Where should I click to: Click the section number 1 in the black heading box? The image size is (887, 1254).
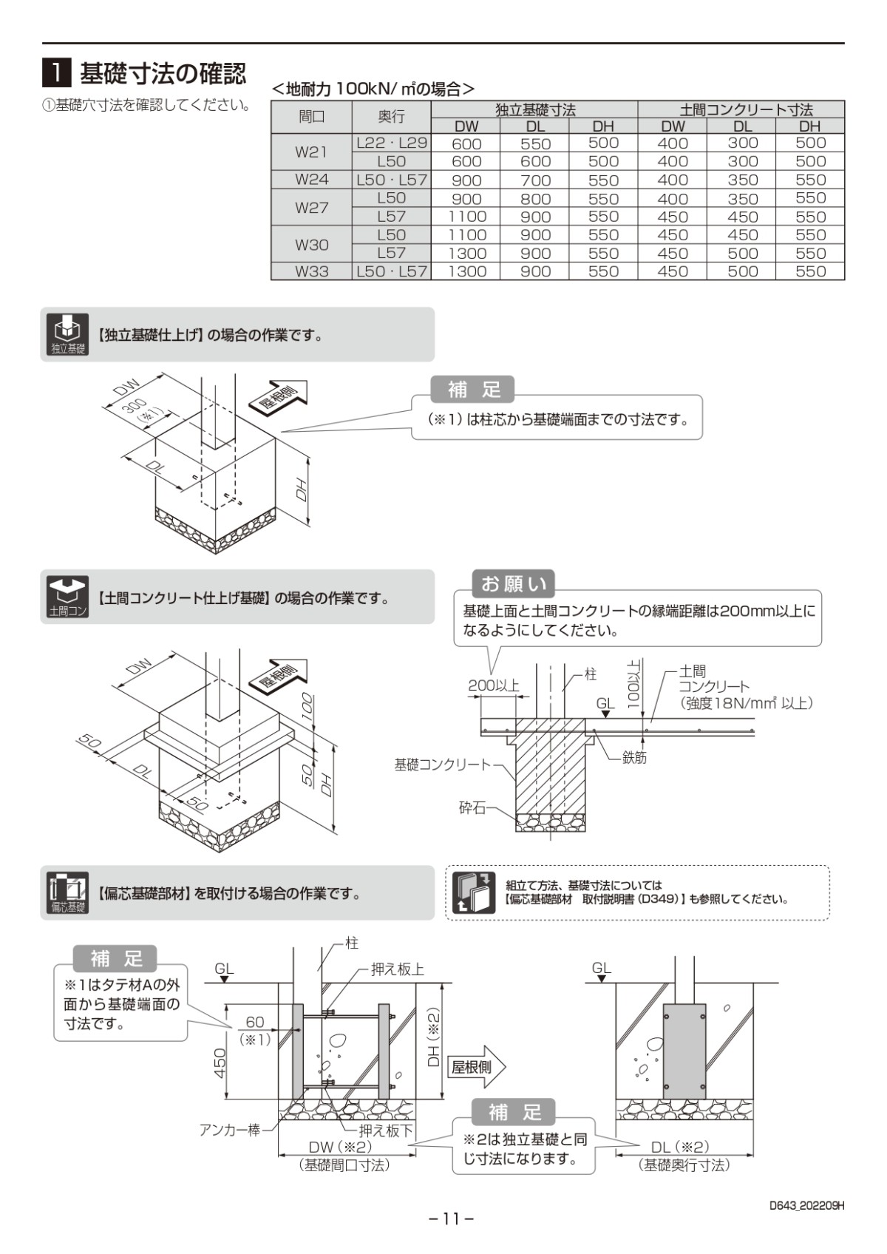coord(56,73)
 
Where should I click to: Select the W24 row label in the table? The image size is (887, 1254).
coord(311,180)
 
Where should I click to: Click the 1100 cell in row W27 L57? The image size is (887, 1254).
coord(466,217)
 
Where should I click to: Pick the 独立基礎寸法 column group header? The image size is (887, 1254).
coord(534,109)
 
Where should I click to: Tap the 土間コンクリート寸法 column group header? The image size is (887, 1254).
coord(741,109)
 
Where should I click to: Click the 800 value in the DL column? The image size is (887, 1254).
coord(535,198)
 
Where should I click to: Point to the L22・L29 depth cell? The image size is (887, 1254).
coord(391,143)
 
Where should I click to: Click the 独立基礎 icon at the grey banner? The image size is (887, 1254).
coord(67,334)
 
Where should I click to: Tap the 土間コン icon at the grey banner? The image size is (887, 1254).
coord(67,597)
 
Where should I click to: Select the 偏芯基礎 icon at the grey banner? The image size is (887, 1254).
coord(67,892)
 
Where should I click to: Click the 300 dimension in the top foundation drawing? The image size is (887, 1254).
coord(135,406)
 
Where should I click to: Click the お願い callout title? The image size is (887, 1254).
coord(514,584)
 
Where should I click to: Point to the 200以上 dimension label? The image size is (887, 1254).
coord(493,685)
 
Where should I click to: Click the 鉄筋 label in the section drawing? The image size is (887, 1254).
coord(633,757)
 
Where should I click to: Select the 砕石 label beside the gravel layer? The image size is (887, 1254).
coord(472,808)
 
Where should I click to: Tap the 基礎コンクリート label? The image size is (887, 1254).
coord(442,765)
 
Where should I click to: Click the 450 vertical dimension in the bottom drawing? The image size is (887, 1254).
coord(220,1062)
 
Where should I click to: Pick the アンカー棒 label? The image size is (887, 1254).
coord(229,1130)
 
